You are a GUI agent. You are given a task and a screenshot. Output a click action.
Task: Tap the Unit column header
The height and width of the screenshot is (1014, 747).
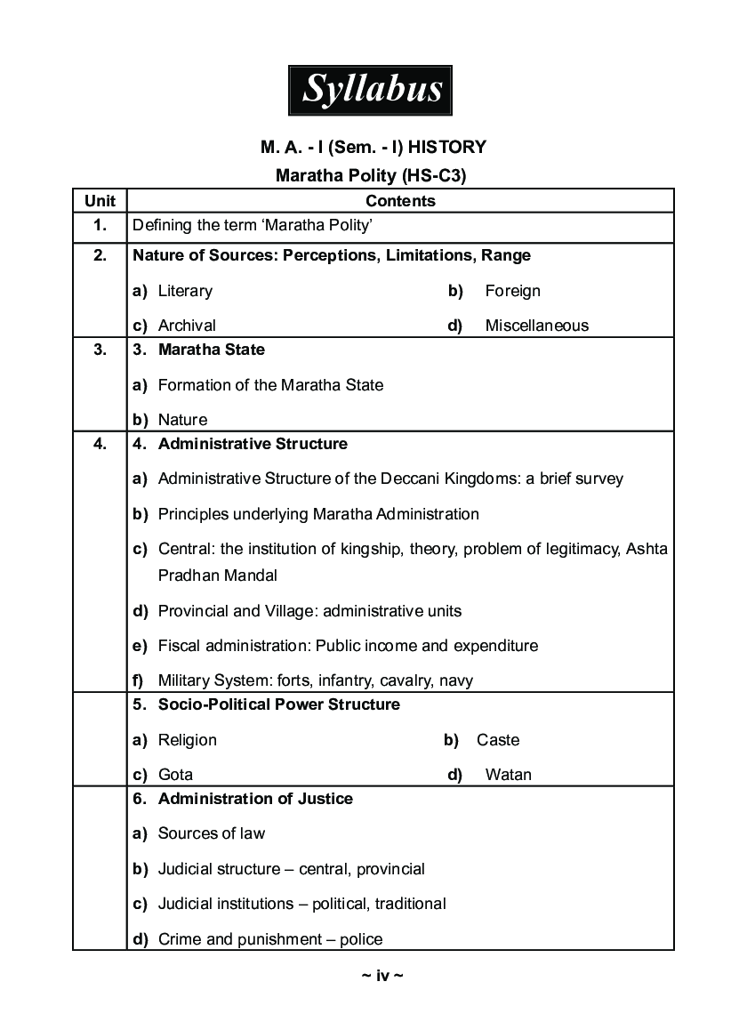100,201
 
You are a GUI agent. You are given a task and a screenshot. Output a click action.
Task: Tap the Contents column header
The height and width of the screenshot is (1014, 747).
400,201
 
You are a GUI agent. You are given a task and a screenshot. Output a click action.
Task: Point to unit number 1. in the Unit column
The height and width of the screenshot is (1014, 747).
100,226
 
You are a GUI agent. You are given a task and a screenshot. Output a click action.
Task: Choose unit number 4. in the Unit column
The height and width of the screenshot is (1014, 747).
100,444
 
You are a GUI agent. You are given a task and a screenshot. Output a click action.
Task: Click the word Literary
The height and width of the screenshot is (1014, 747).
185,291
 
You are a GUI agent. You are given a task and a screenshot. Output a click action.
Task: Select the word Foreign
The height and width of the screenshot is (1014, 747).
512,291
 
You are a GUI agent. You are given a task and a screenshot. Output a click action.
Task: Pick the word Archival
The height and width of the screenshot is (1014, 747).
187,326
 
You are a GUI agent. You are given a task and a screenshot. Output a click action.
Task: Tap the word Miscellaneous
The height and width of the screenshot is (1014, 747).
536,326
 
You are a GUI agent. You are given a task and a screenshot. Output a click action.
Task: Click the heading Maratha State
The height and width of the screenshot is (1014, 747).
211,350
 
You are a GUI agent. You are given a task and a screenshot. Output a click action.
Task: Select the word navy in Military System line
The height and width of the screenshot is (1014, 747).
456,680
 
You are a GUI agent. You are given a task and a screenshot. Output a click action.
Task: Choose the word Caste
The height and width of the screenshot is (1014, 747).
498,740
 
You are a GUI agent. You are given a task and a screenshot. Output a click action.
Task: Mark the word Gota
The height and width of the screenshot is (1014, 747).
175,775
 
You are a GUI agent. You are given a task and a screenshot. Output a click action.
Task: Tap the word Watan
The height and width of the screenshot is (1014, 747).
508,775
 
